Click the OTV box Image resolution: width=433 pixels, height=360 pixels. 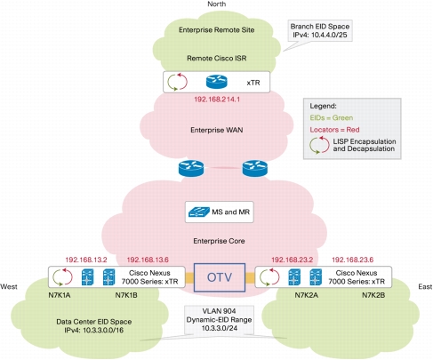[x=220, y=277]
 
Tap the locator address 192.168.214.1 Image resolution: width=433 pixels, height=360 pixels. [x=217, y=100]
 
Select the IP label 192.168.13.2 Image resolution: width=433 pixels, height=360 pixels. [x=86, y=260]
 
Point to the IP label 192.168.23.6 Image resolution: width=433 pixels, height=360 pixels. [x=352, y=260]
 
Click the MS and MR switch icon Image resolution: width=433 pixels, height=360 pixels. [x=199, y=212]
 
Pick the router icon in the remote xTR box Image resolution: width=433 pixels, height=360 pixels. [x=217, y=82]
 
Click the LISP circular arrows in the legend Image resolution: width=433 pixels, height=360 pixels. [x=319, y=145]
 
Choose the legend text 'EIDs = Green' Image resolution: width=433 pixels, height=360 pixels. [x=332, y=117]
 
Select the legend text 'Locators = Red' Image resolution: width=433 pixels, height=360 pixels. [x=334, y=130]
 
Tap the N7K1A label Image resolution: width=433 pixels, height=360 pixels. [x=60, y=295]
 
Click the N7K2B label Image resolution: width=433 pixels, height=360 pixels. [x=373, y=295]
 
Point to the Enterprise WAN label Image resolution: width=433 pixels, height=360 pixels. [x=217, y=130]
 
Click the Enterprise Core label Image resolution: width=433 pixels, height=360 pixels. [x=219, y=241]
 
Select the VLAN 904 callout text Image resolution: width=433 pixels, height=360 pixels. [x=219, y=319]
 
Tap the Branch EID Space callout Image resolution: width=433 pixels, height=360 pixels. [x=320, y=30]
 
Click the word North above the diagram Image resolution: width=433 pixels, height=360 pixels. [x=217, y=4]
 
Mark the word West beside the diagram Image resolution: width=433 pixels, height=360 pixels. [x=9, y=286]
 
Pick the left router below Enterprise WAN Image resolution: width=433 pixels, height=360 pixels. [x=191, y=168]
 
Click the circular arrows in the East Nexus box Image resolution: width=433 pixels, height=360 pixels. [x=269, y=277]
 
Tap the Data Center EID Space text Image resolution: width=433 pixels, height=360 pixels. [x=94, y=325]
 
